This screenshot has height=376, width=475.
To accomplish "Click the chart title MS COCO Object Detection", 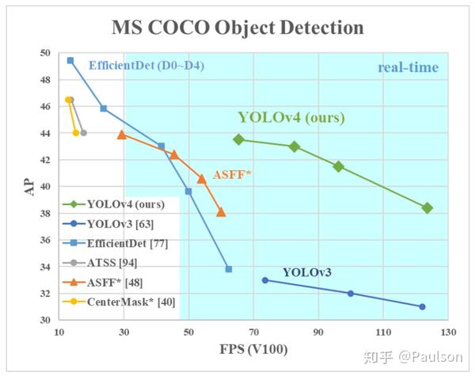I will (237, 27).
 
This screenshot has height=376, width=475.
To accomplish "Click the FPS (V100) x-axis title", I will (254, 349).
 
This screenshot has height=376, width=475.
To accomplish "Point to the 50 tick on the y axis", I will (45, 53).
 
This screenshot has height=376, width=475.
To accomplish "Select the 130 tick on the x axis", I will (449, 332).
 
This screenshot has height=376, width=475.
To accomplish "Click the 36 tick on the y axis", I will (45, 240).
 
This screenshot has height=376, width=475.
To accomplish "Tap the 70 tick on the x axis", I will (253, 332).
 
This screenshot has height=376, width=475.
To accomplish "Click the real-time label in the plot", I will (408, 67).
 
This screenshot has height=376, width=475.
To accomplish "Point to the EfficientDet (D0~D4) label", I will (146, 65).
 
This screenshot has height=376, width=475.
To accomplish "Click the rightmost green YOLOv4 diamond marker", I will (427, 207).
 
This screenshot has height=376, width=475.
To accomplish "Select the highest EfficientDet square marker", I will (70, 60).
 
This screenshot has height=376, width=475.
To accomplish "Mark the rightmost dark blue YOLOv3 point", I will (422, 306).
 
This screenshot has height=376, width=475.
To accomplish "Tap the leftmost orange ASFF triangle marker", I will (121, 135).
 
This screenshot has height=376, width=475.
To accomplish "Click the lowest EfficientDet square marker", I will (229, 269).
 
